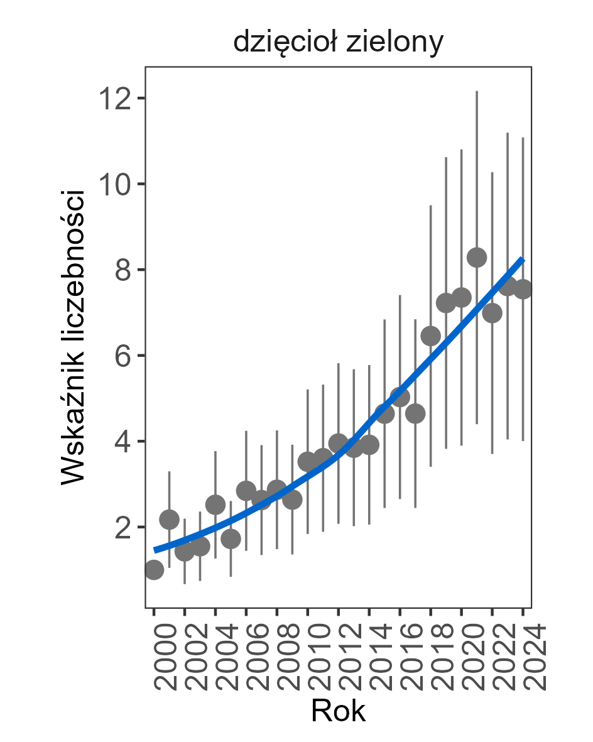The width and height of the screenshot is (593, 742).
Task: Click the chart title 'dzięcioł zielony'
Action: point(339,43)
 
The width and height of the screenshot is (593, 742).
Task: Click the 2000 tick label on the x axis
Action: point(155,657)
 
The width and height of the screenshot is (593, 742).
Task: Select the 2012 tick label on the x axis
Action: point(339,657)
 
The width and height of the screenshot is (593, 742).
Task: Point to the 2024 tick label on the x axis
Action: point(523,657)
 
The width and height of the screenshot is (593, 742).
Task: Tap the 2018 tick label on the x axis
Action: point(431,657)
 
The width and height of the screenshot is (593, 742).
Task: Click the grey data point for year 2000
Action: point(154,570)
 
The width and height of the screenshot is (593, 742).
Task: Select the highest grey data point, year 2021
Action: point(477,258)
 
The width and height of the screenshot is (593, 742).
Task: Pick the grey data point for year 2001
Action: point(169,520)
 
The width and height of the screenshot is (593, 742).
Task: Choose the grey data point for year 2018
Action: point(431,336)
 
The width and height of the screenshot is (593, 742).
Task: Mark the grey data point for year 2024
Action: point(523,289)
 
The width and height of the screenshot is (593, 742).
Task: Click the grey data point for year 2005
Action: point(231,539)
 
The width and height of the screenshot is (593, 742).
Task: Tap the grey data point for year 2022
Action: point(492,313)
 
